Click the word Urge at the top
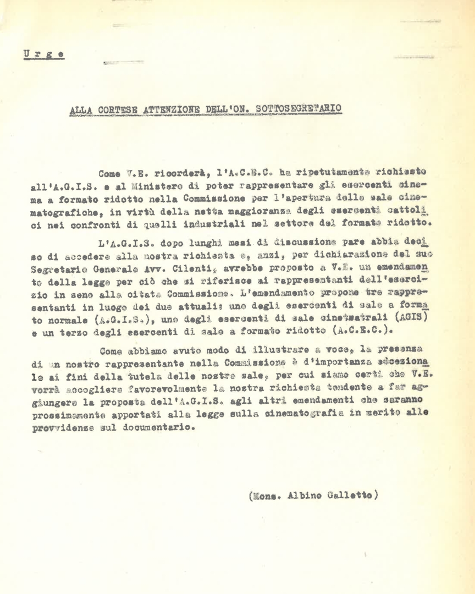[43, 54]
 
